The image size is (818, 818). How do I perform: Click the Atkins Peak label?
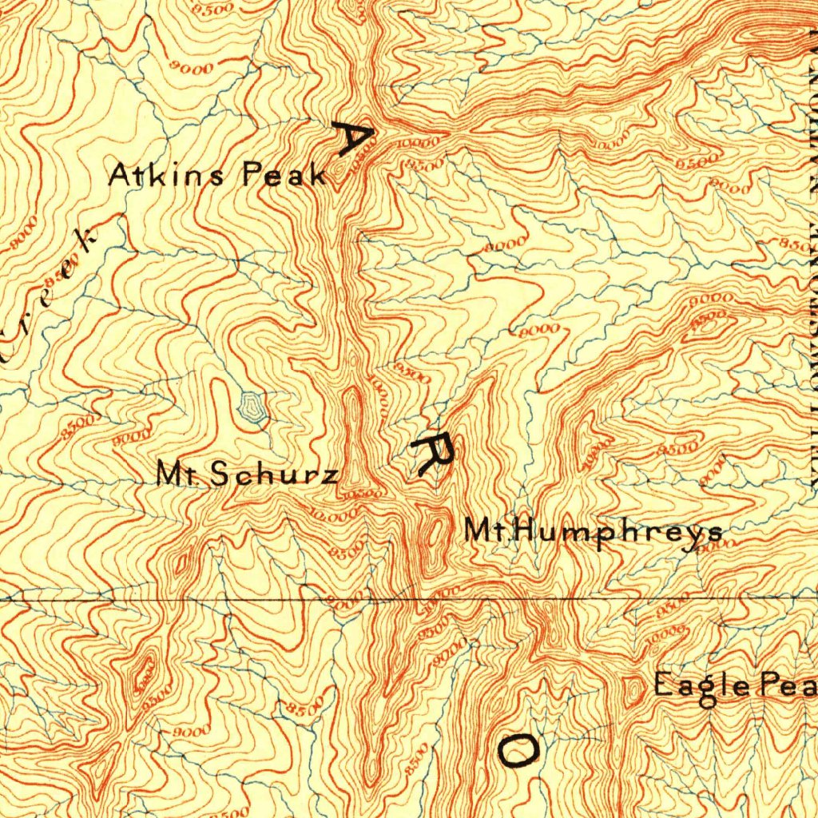click(217, 174)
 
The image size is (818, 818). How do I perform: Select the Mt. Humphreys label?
click(594, 531)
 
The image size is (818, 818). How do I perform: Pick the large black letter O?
click(518, 750)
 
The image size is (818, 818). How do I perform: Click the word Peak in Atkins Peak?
click(284, 174)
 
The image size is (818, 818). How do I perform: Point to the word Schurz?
click(273, 475)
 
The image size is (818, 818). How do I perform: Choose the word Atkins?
click(166, 174)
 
